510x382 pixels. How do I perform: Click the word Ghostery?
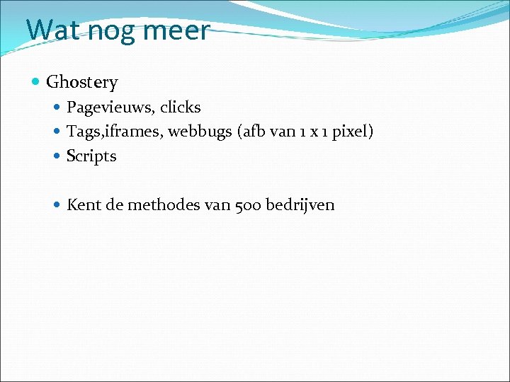pyautogui.click(x=81, y=83)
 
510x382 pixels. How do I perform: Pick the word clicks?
pyautogui.click(x=180, y=108)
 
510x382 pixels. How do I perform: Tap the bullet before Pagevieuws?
pyautogui.click(x=58, y=108)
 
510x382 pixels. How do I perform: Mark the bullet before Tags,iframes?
pyautogui.click(x=58, y=132)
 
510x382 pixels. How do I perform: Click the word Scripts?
pyautogui.click(x=91, y=156)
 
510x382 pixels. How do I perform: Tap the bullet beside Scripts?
pyautogui.click(x=58, y=156)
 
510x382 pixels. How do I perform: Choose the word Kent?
pyautogui.click(x=81, y=205)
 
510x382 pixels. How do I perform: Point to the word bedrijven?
pyautogui.click(x=300, y=205)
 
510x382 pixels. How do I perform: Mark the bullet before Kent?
pyautogui.click(x=58, y=205)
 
